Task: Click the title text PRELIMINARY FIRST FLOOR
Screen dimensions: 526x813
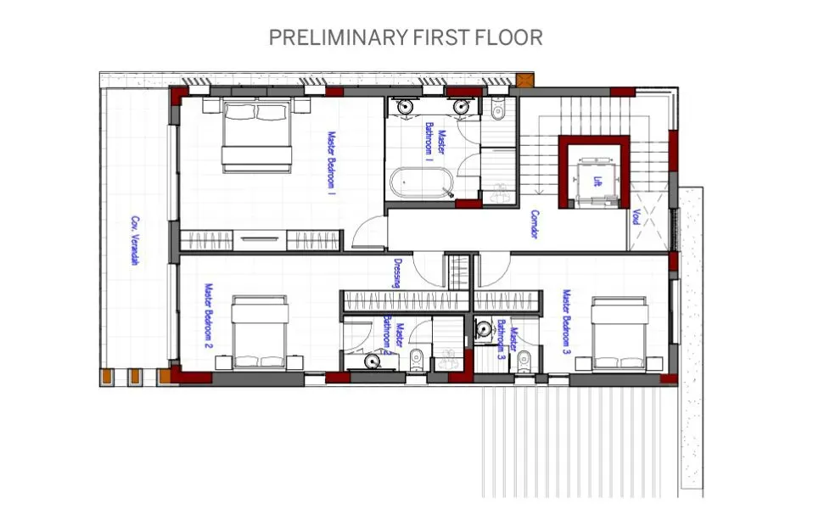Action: [x=406, y=37]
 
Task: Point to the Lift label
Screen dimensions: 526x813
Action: [x=597, y=182]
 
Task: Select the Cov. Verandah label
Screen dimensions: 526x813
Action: [x=134, y=240]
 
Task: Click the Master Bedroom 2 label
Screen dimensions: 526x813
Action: [x=206, y=316]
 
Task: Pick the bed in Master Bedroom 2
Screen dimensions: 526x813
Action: [x=259, y=333]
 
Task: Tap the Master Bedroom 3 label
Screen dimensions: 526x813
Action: [x=566, y=321]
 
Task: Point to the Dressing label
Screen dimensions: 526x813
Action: [x=397, y=273]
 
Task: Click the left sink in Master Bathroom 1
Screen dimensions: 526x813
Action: [x=406, y=107]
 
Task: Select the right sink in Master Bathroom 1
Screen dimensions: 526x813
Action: [x=463, y=107]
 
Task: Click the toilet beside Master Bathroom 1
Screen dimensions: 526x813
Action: [x=498, y=109]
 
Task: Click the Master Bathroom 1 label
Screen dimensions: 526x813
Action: [x=434, y=140]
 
